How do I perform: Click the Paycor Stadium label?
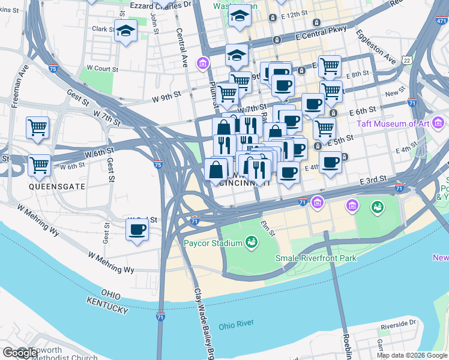[x=212, y=243]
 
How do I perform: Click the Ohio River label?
[x=236, y=326]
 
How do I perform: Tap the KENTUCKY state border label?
[x=107, y=305]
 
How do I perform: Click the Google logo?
[x=20, y=353]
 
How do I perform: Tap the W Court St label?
[x=102, y=69]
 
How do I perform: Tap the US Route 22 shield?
[x=408, y=61]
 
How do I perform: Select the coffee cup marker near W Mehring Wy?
[x=137, y=229]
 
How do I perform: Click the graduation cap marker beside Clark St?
[x=126, y=29]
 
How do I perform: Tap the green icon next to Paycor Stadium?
[x=252, y=242]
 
